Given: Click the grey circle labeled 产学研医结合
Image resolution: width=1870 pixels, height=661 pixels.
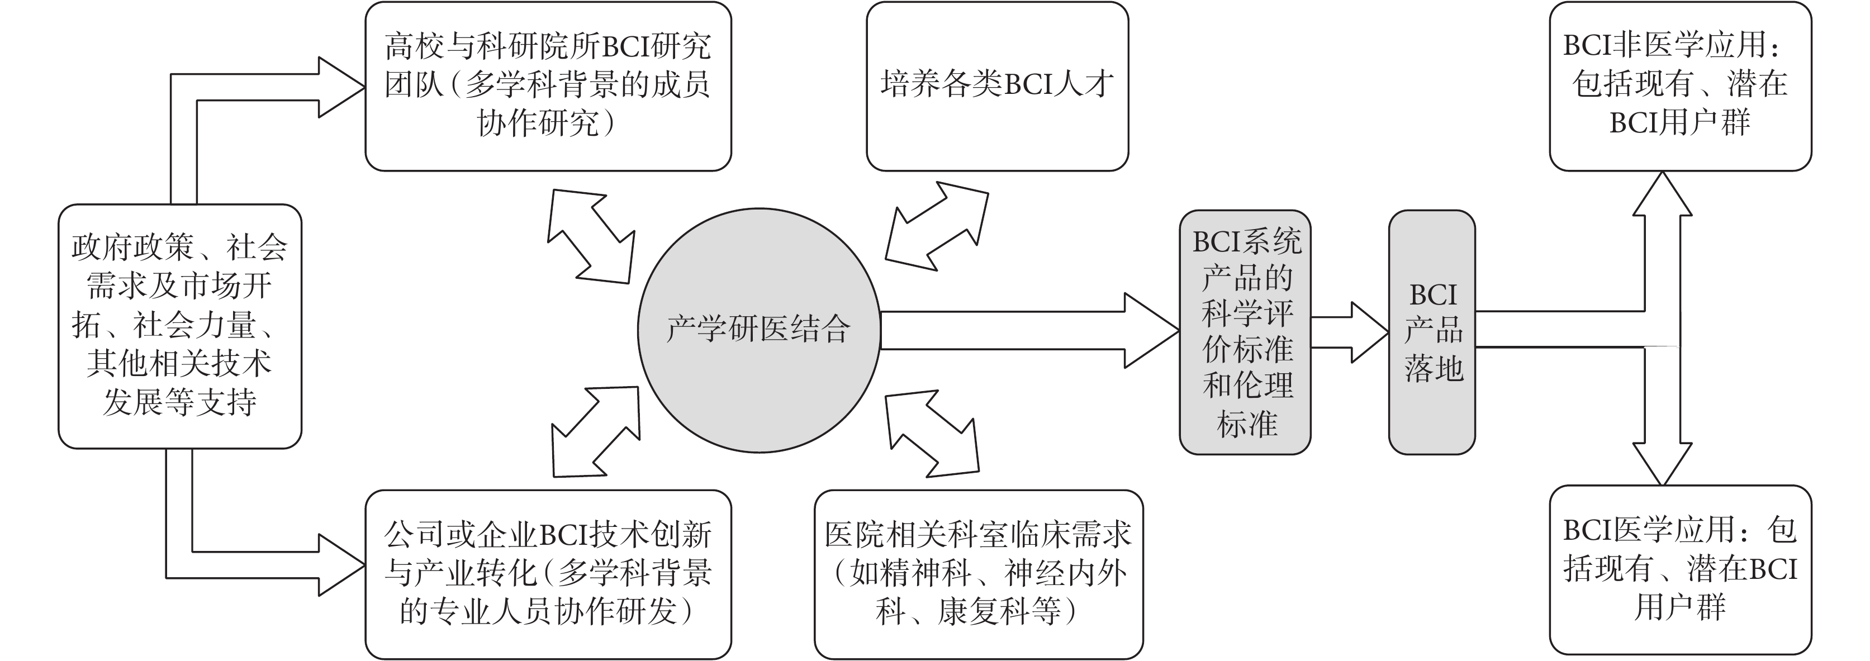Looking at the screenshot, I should (x=758, y=330).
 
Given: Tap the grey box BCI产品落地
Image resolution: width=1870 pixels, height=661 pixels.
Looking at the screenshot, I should (x=1431, y=332).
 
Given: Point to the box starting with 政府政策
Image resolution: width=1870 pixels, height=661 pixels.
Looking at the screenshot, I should (x=179, y=326).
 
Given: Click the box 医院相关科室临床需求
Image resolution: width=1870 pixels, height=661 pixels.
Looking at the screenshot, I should (x=978, y=574).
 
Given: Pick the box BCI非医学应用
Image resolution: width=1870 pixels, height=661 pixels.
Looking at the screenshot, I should (x=1680, y=85).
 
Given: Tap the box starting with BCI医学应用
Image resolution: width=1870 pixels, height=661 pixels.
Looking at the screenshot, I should (x=1680, y=569).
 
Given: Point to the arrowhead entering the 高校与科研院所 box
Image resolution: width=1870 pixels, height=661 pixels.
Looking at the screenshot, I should (x=340, y=88).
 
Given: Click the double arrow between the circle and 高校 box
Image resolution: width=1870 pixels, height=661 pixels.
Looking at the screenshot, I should (x=590, y=236).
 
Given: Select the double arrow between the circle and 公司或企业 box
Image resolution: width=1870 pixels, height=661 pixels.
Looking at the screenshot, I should (x=595, y=432).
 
